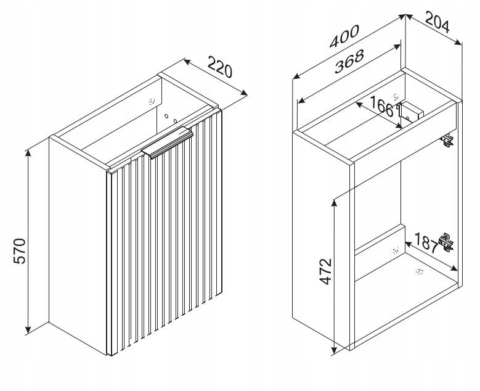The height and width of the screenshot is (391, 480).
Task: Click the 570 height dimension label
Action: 20,250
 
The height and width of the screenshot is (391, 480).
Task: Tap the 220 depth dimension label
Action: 220,67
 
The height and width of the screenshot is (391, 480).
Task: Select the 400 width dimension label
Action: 344,36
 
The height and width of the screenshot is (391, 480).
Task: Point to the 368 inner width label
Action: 349,61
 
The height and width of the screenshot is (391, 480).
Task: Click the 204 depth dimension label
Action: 437,22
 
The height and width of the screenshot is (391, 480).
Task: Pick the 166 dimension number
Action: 381,106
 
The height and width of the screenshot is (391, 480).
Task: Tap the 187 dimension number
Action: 426,243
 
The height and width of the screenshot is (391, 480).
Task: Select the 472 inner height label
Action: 325,271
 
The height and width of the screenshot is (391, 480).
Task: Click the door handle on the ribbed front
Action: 167,142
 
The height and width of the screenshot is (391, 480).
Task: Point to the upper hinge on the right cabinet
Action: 447,140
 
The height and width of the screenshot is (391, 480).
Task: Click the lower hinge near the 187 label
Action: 445,242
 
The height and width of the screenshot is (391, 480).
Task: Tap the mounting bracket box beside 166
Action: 410,111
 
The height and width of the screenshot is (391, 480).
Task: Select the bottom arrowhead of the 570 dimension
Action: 28,330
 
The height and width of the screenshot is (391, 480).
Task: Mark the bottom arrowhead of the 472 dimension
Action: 335,349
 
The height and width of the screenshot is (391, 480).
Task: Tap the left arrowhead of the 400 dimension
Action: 296,76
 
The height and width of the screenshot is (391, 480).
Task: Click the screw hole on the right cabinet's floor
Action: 419,271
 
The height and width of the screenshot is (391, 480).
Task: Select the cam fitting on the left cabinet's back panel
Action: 152,101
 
